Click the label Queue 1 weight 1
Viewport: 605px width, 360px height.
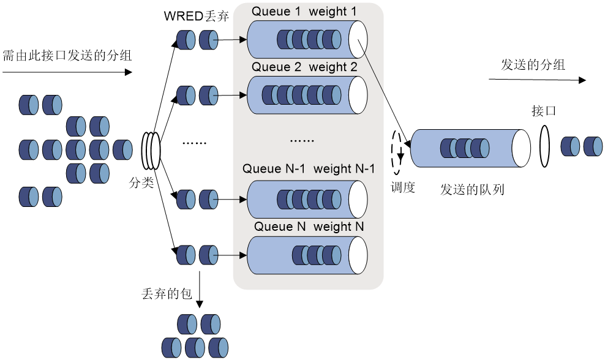coord(304,12)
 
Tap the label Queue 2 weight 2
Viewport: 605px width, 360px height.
coord(304,67)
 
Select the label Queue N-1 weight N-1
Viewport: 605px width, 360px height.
coord(309,168)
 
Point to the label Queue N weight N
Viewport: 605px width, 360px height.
coord(309,227)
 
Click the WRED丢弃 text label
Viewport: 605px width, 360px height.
coord(197,16)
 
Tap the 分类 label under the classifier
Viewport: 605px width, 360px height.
coord(141,182)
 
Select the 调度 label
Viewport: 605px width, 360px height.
coord(403,187)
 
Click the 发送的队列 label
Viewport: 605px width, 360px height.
coord(472,189)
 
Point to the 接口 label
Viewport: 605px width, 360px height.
coord(544,111)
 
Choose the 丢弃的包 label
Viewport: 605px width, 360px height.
coord(167,294)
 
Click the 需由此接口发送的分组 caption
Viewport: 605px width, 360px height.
coord(67,56)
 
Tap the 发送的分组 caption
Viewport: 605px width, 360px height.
coord(533,64)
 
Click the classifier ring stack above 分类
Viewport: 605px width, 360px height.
coord(151,151)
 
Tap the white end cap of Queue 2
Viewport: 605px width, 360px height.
coord(358,95)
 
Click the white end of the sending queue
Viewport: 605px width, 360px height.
coord(521,148)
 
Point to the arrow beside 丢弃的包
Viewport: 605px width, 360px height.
coord(200,290)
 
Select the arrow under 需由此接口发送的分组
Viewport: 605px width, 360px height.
coord(67,72)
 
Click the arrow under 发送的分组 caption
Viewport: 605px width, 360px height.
coord(537,80)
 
